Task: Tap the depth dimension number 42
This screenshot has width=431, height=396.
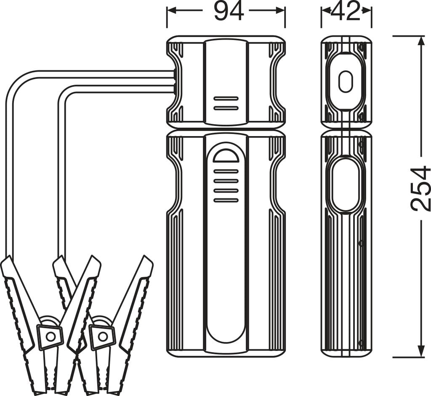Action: tap(346, 11)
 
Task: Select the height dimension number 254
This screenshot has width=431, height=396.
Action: tap(420, 188)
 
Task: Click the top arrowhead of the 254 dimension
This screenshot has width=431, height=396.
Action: tap(421, 40)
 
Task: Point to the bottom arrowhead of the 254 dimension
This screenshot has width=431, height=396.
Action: tap(421, 353)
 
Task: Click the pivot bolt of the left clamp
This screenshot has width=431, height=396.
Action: tap(51, 336)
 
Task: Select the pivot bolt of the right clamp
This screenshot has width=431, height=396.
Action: tap(102, 336)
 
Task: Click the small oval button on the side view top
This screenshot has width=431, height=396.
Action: tap(346, 81)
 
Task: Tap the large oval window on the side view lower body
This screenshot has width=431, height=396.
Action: tap(346, 185)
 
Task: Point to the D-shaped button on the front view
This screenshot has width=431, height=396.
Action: tap(226, 155)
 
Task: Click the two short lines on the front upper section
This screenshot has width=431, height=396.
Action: tap(226, 103)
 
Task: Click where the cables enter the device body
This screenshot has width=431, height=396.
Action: tap(173, 81)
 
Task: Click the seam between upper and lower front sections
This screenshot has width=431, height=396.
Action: tap(226, 128)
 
